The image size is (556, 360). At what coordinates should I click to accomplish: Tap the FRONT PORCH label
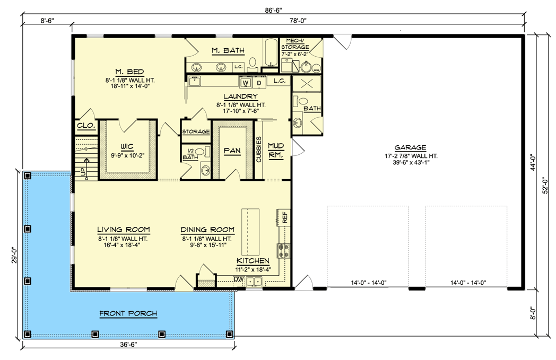[x=128, y=313]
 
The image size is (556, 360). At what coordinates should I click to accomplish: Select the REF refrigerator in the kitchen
[x=284, y=217]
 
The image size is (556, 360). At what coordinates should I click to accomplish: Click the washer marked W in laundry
[x=246, y=83]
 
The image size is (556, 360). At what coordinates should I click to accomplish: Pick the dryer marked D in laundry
[x=259, y=83]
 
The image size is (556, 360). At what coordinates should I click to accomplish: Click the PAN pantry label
[x=232, y=151]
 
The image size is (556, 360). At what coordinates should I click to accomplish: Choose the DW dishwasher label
[x=238, y=279]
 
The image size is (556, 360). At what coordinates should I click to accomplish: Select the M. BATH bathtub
[x=270, y=53]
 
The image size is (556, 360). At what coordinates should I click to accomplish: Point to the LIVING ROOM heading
[x=123, y=230]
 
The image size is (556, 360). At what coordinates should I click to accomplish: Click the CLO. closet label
[x=86, y=126]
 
